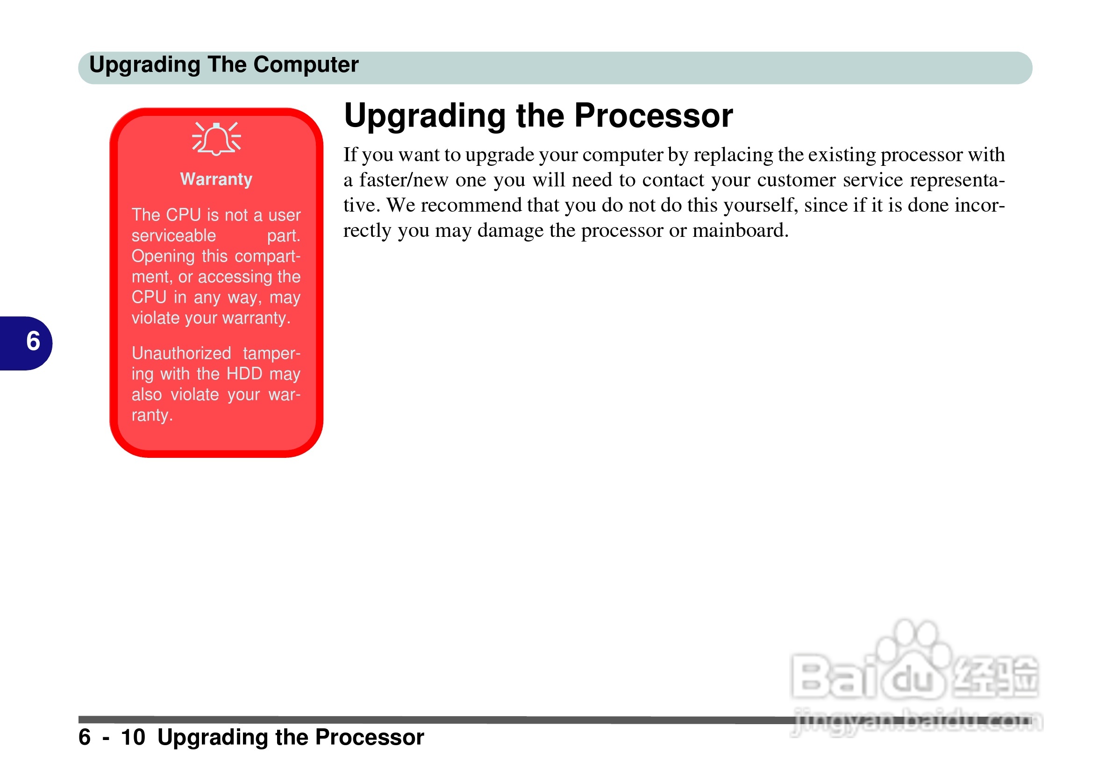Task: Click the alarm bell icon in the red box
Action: [x=216, y=139]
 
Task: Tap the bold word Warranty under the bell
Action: [x=216, y=179]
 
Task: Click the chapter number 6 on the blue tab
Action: [x=33, y=342]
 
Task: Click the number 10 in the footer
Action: [x=133, y=738]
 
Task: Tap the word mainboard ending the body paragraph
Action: [x=740, y=230]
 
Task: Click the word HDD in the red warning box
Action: [x=244, y=374]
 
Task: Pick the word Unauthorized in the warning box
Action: [x=181, y=354]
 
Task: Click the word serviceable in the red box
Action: [x=173, y=236]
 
